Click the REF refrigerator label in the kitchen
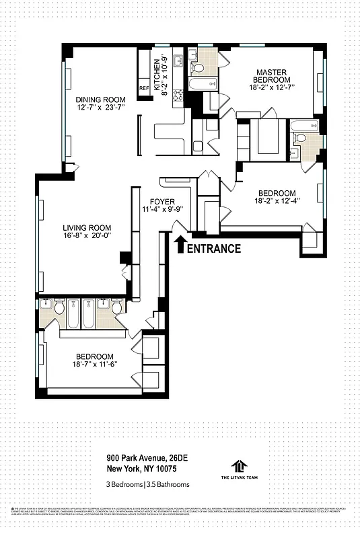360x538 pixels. [144, 88]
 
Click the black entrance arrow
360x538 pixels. [180, 243]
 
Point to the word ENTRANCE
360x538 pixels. [213, 249]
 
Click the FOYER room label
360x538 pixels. [162, 201]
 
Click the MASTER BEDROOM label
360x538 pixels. [271, 75]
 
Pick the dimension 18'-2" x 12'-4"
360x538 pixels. [277, 200]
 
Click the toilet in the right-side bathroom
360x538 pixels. [301, 138]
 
